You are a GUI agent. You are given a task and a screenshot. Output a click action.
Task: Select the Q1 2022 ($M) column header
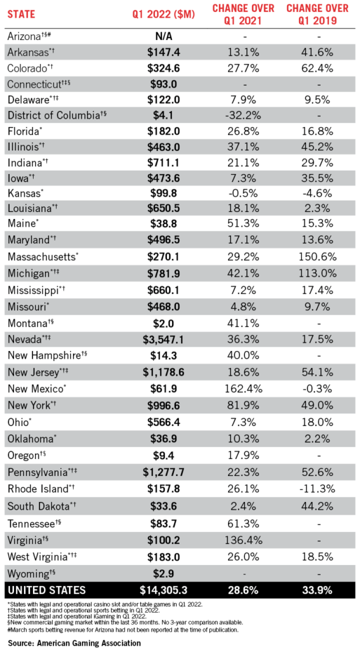click(x=163, y=15)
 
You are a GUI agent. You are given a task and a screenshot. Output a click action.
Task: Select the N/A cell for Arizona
click(x=163, y=36)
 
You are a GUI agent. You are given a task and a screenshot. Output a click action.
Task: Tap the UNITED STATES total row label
click(x=46, y=590)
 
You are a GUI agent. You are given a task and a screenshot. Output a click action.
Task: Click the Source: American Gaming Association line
click(x=74, y=643)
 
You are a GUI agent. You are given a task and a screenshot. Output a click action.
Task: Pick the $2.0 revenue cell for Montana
click(x=163, y=324)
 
